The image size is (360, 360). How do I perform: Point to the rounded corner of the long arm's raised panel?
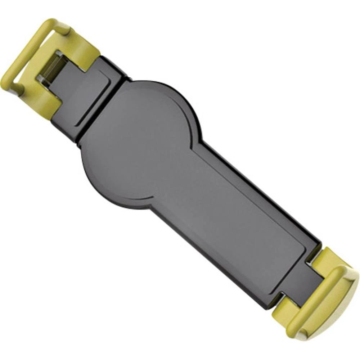coord(288,274)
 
